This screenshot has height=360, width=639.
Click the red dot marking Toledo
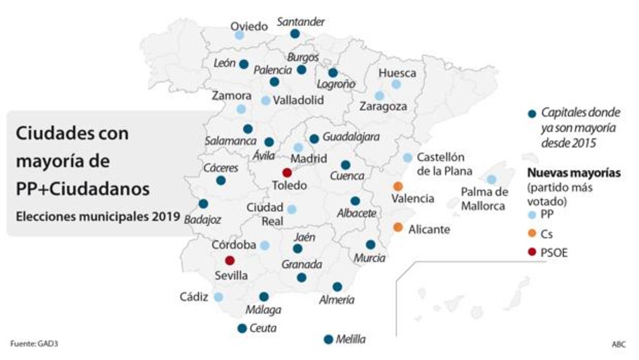pos(287,173)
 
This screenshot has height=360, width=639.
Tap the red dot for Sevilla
pos(230,260)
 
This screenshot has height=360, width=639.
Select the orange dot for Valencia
pos(398,186)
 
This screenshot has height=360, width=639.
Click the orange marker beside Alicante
pos(398,227)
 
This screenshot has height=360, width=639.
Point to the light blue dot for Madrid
pos(298,148)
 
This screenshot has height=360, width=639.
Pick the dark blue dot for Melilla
pos(328,339)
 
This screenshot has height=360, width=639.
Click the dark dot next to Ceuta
pos(242,328)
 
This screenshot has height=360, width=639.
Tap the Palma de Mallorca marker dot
pos(492,179)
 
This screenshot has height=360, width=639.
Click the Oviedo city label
pos(249,26)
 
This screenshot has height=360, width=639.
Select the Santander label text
pos(301,22)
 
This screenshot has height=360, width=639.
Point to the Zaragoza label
pos(383,107)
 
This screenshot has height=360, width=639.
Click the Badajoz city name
pos(203,220)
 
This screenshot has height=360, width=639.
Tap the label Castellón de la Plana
pos(444,163)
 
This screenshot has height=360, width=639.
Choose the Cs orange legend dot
pos(531,234)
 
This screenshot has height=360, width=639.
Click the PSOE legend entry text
pos(554,253)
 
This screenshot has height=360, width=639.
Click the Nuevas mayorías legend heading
pos(573,173)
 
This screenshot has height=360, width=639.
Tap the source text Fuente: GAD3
pos(31,343)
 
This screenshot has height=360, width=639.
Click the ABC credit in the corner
pos(618,344)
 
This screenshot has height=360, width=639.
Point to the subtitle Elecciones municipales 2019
pos(98,217)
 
